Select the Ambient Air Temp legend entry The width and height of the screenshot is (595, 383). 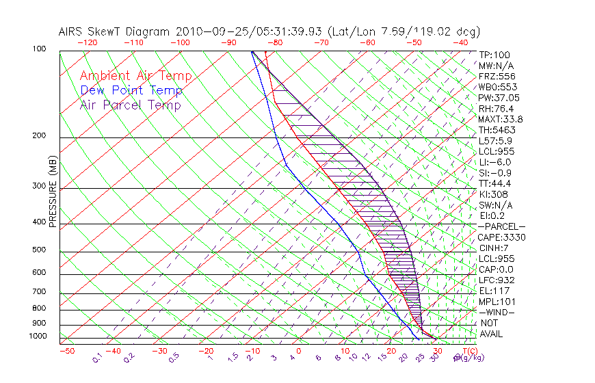click(x=135, y=77)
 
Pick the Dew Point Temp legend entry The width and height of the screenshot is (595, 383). click(x=131, y=91)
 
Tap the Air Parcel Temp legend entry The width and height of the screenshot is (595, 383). click(x=130, y=105)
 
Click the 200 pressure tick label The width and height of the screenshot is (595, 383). click(x=40, y=136)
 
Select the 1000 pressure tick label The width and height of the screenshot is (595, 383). click(x=38, y=336)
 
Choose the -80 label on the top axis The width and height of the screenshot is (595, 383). click(x=276, y=42)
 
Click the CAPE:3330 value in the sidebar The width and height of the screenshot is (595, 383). click(x=501, y=237)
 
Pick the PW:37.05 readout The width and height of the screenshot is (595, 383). click(x=499, y=98)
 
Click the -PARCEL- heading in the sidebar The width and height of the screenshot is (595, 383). click(x=501, y=226)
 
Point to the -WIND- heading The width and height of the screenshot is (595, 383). click(x=497, y=312)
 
